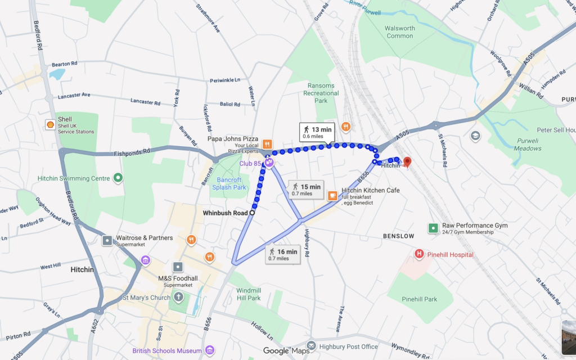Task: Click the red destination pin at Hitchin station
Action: pos(407,162)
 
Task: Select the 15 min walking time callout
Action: pos(306,190)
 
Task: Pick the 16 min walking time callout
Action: pos(282,255)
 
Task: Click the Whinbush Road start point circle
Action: pos(251,213)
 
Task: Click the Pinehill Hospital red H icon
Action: pos(419,254)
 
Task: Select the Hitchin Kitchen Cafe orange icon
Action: pos(332,195)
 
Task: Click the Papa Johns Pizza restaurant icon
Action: pos(267,144)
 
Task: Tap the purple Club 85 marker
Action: pos(269,163)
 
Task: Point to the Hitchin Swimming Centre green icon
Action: pos(118,178)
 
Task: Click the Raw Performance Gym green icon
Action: pos(433,228)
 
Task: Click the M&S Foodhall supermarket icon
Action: pos(178,267)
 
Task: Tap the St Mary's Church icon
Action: pos(178,296)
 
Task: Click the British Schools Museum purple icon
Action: pos(210,350)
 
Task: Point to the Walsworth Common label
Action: pos(400,32)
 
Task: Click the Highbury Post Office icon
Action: pos(312,345)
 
